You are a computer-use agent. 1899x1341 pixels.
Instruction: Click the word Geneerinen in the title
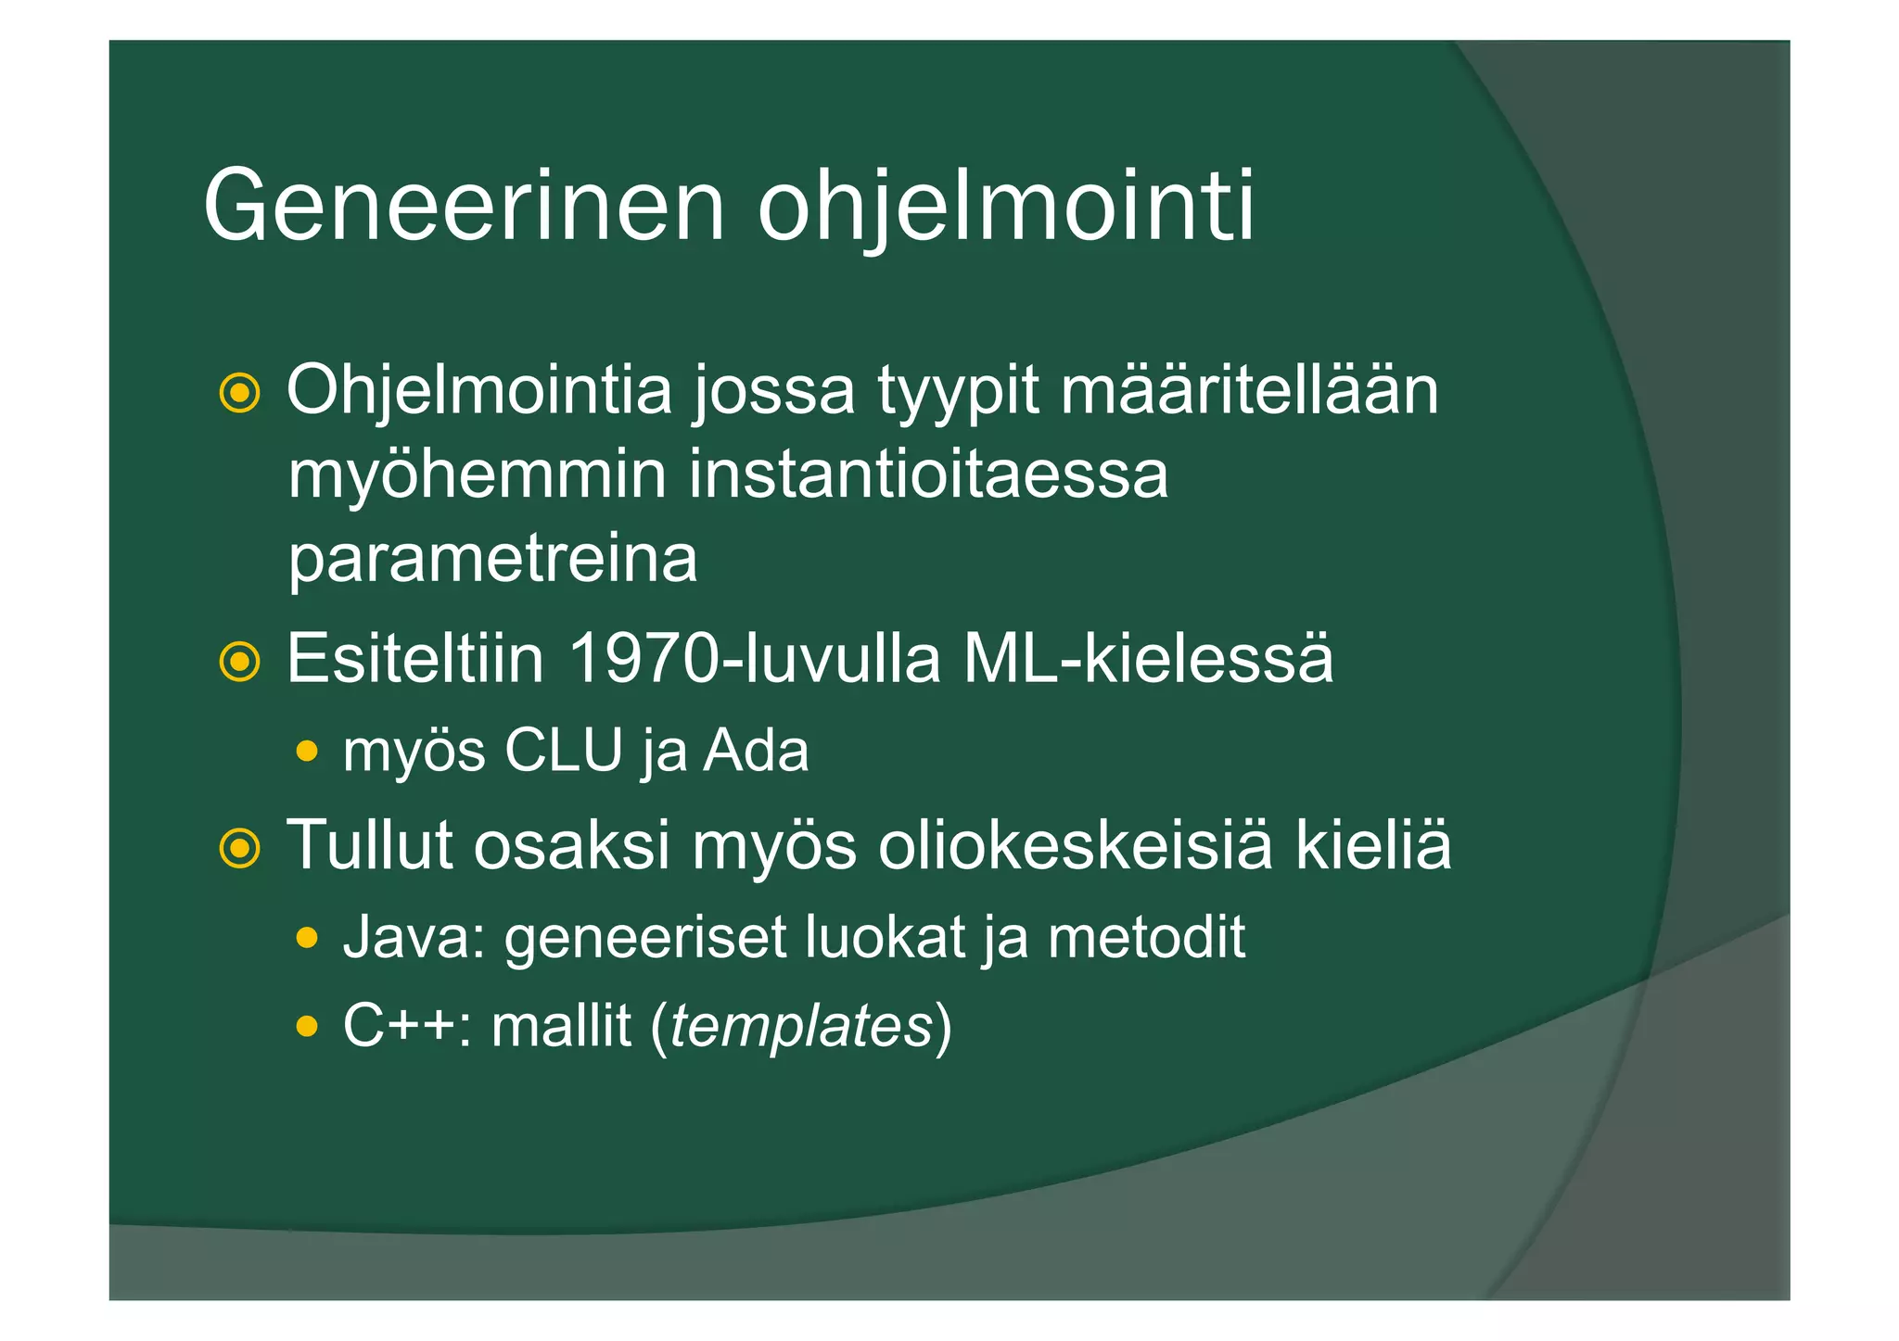pyautogui.click(x=463, y=206)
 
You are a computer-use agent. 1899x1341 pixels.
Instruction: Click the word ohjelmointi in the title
pyautogui.click(x=1006, y=206)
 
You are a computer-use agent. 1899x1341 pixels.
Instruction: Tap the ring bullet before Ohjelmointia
pyautogui.click(x=239, y=394)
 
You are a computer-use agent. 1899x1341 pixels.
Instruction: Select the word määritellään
pyautogui.click(x=1249, y=390)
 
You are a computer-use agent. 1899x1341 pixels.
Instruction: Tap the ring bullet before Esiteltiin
pyautogui.click(x=239, y=662)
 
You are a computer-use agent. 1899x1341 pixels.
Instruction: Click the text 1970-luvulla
pyautogui.click(x=753, y=659)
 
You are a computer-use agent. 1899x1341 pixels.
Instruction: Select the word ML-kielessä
pyautogui.click(x=1148, y=659)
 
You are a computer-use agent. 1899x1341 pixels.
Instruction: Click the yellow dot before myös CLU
pyautogui.click(x=307, y=750)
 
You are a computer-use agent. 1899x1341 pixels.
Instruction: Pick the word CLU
pyautogui.click(x=563, y=750)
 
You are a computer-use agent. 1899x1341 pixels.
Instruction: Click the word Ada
pyautogui.click(x=756, y=750)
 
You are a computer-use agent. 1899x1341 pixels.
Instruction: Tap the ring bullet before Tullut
pyautogui.click(x=239, y=847)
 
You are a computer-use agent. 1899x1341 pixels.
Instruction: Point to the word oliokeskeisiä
pyautogui.click(x=1075, y=845)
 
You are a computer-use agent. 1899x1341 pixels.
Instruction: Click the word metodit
pyautogui.click(x=1146, y=937)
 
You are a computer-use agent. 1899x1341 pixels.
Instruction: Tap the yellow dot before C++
pyautogui.click(x=307, y=1026)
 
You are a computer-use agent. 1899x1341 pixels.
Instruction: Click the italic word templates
pyautogui.click(x=800, y=1027)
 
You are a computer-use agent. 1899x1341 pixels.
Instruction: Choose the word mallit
pyautogui.click(x=561, y=1026)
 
